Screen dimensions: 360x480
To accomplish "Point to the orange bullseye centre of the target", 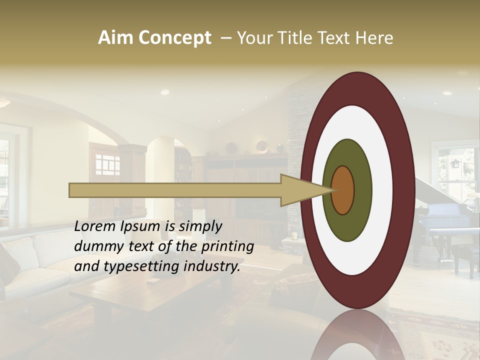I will (x=343, y=190).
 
